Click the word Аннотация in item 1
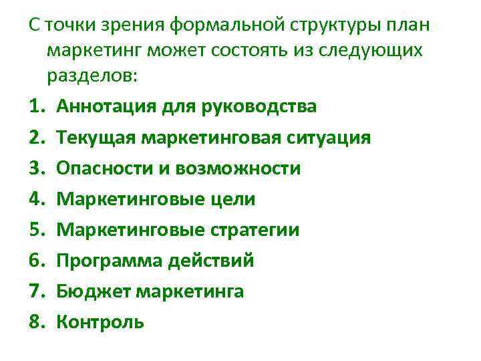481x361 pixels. [103, 106]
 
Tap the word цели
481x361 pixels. [231, 199]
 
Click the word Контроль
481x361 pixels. [100, 322]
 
